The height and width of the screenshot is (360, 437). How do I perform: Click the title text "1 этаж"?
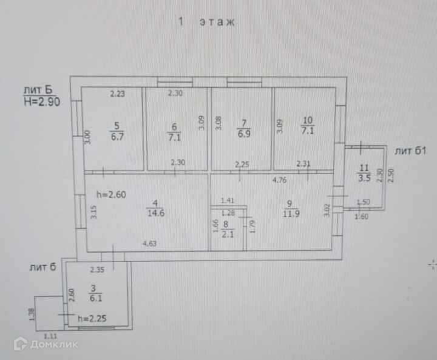coord(206,22)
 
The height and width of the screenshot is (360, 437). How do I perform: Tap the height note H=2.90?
coord(41,101)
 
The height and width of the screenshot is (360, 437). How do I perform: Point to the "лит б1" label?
coord(412,150)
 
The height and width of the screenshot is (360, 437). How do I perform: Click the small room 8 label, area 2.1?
coord(226,229)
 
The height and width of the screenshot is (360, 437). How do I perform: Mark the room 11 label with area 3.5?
coord(364,172)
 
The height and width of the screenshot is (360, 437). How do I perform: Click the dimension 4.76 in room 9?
coord(280,180)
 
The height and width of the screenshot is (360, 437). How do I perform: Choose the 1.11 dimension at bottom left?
coord(50,335)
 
